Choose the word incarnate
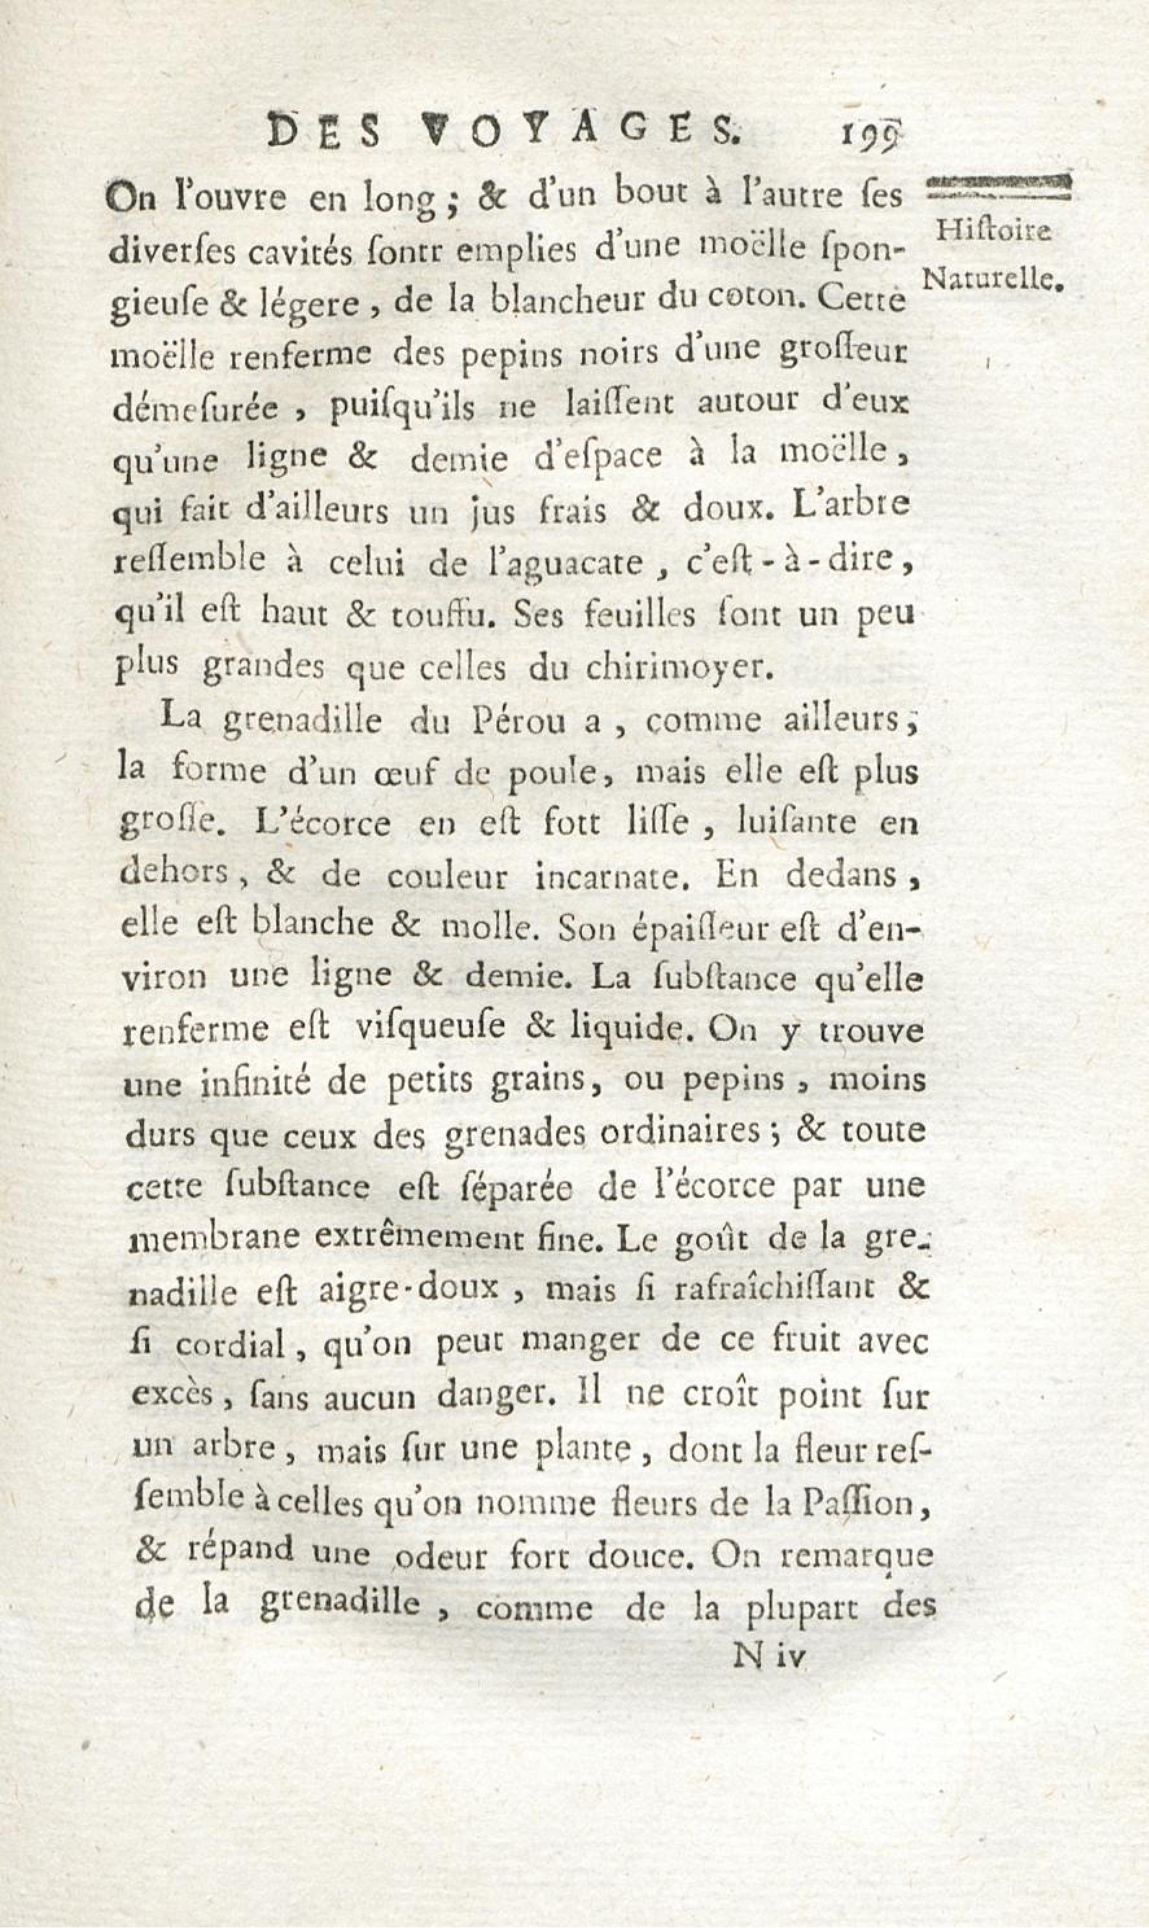[x=609, y=876]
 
